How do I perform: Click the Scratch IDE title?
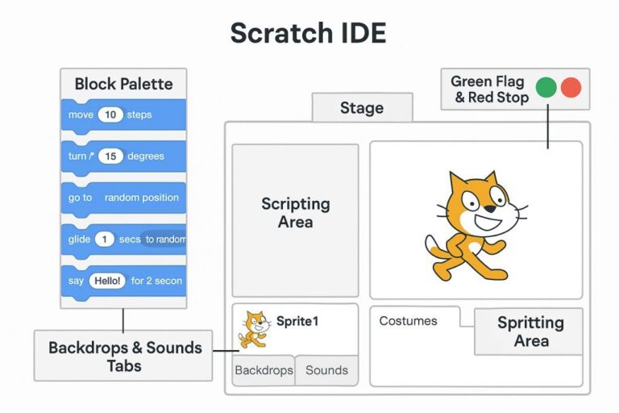pos(309,32)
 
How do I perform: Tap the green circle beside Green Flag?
pos(546,88)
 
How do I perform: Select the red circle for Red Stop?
pos(571,88)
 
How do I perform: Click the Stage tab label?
pos(361,108)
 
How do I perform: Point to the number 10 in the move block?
pos(111,115)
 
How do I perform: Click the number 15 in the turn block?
pos(111,156)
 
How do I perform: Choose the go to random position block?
pos(123,198)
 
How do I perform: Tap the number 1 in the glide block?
pos(105,239)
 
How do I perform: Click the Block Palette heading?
pos(123,83)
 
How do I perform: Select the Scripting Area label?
pos(295,212)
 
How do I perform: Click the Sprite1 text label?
pos(297,321)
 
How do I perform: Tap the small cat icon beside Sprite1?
pos(254,329)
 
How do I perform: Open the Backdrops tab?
pos(264,371)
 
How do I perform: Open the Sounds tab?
pos(326,371)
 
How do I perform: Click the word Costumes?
pos(408,321)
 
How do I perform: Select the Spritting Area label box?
pos(530,332)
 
